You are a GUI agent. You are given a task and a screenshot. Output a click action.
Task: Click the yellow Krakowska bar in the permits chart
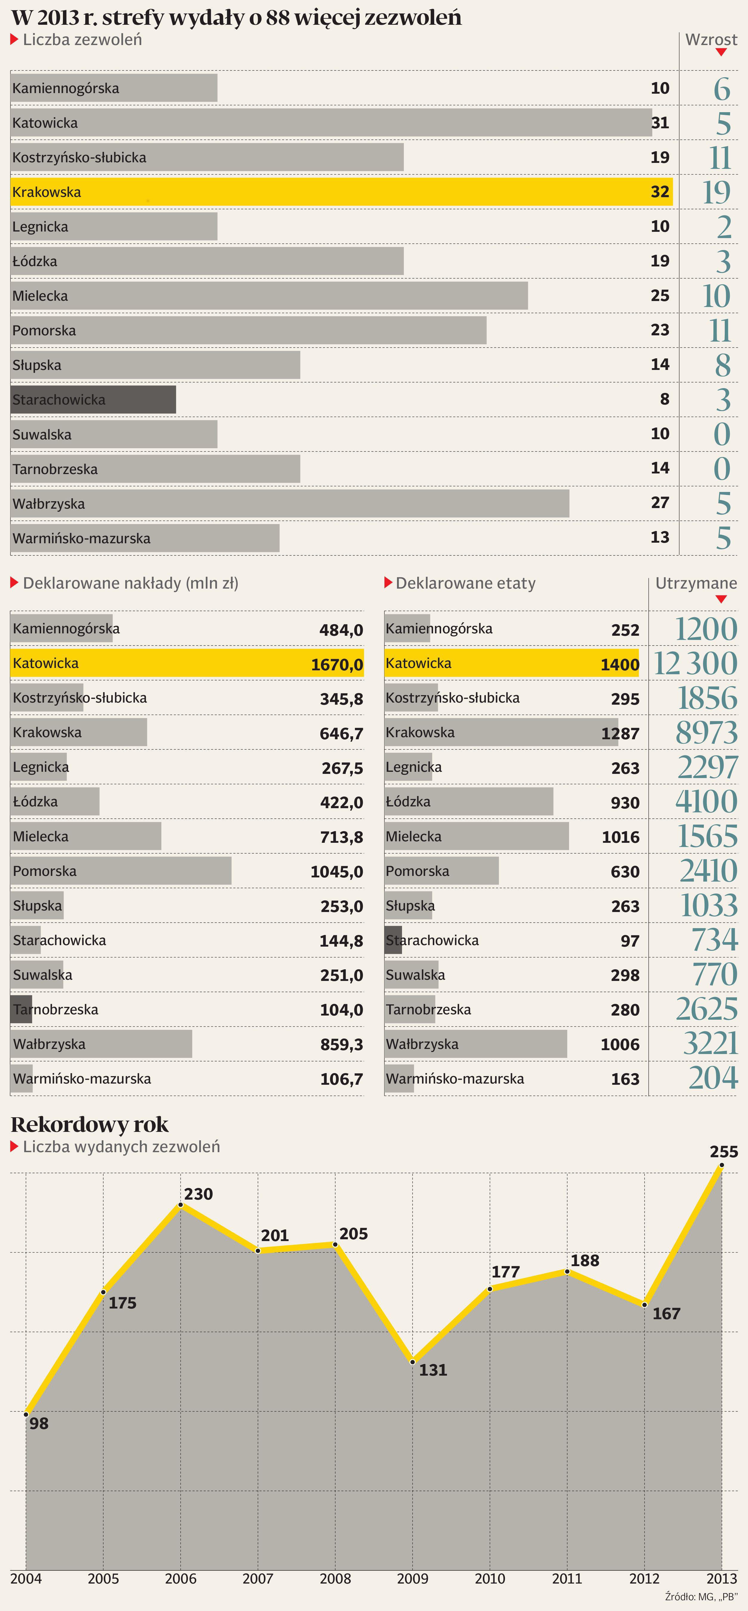[341, 192]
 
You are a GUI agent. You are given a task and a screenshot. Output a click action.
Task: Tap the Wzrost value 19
[716, 192]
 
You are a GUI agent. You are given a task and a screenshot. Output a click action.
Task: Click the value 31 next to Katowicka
[660, 123]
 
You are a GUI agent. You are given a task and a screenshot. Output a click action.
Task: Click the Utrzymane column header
[696, 584]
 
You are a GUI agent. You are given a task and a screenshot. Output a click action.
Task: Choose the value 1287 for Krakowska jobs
[620, 734]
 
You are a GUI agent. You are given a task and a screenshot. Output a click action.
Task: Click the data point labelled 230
[181, 1205]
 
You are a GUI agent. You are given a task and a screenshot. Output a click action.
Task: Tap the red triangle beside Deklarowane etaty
[388, 583]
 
